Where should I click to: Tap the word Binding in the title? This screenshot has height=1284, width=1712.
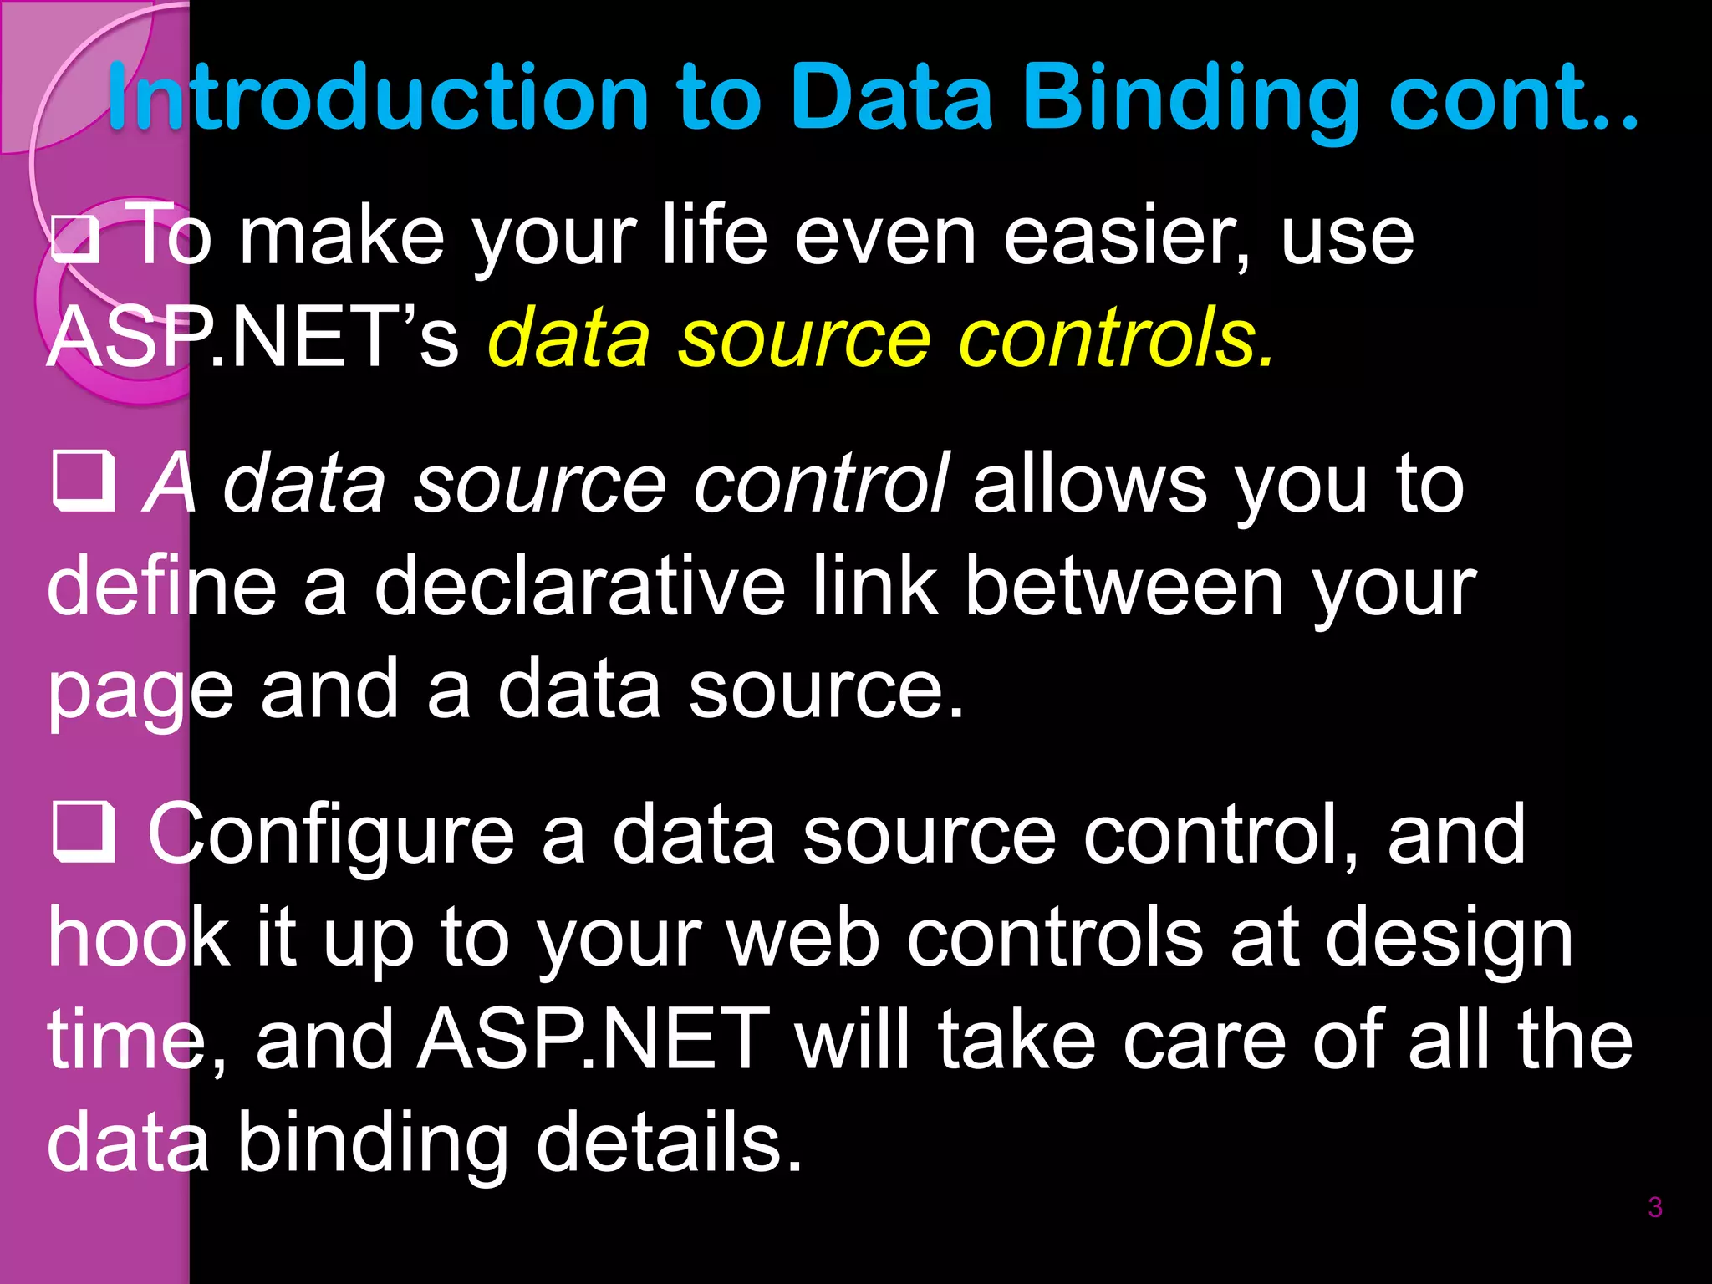click(x=1190, y=99)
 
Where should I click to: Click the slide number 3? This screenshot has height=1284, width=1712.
click(x=1654, y=1207)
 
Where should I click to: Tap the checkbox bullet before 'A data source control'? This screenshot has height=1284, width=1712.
click(x=84, y=481)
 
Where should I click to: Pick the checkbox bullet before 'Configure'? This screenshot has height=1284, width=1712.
click(x=84, y=833)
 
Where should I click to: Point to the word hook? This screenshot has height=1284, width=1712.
click(x=139, y=938)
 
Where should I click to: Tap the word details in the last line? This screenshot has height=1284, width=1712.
click(x=669, y=1142)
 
